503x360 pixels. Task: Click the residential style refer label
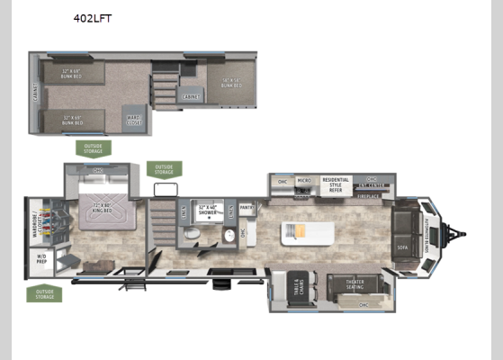pyautogui.click(x=337, y=184)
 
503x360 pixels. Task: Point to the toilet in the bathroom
pyautogui.click(x=190, y=237)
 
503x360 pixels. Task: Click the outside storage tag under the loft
pyautogui.click(x=94, y=148)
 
